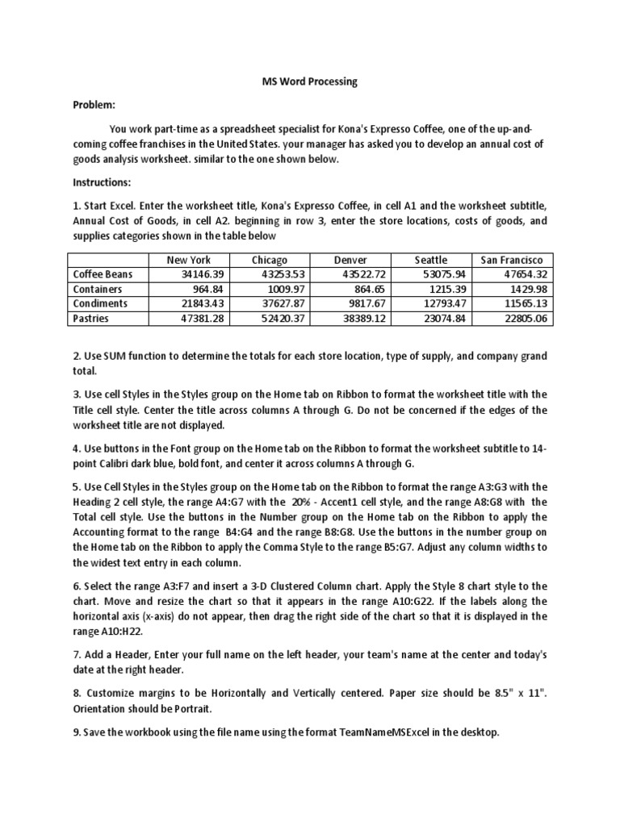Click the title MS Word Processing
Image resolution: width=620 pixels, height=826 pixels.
point(311,82)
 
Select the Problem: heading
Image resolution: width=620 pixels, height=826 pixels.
point(94,105)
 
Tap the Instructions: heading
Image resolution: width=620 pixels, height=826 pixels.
point(102,182)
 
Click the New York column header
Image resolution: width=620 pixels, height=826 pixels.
point(188,260)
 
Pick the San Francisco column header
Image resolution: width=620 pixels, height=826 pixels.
point(512,260)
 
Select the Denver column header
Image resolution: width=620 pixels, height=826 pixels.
point(350,260)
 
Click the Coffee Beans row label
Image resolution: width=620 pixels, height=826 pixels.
point(103,274)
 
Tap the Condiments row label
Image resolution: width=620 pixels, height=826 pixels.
point(100,303)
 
